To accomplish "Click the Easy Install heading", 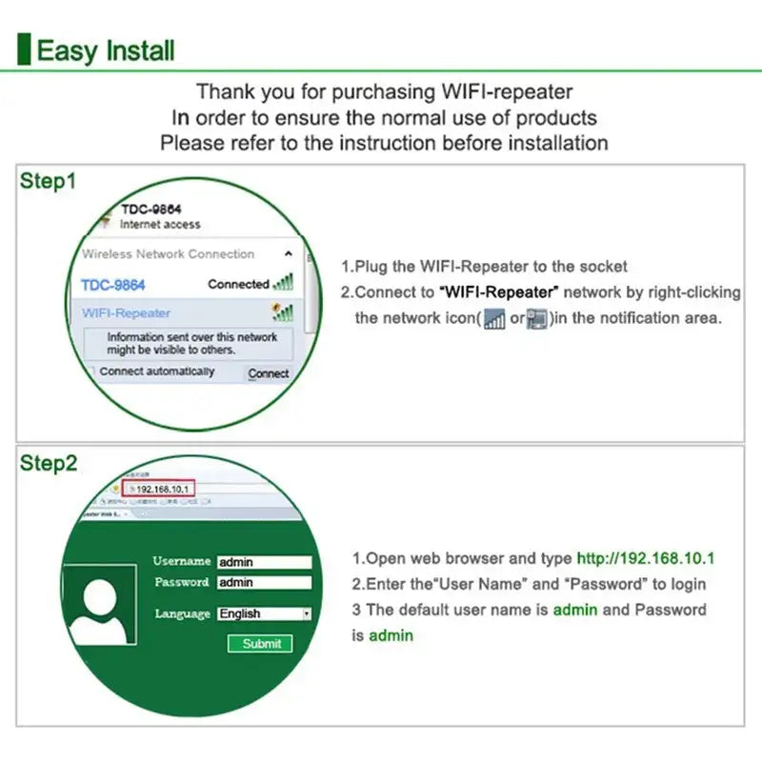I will coord(105,50).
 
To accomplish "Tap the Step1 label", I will coord(48,181).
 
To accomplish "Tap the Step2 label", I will coord(49,464).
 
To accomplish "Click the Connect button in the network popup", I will coord(268,373).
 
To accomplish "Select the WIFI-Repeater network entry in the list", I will coord(127,312).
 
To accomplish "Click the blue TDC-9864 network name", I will coord(113,285).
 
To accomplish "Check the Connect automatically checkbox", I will coord(90,371).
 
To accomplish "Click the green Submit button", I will coord(261,644).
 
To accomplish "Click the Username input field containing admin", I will coord(264,562).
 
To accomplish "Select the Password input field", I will coord(264,582).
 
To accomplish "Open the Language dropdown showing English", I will coord(264,614).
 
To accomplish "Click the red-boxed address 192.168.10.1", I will coord(162,489).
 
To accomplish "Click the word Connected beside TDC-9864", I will coord(238,284).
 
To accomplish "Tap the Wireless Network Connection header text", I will coord(168,254).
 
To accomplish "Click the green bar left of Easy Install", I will coord(24,50).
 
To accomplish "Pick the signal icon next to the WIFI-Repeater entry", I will coord(282,312).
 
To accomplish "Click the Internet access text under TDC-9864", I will coord(160,225).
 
